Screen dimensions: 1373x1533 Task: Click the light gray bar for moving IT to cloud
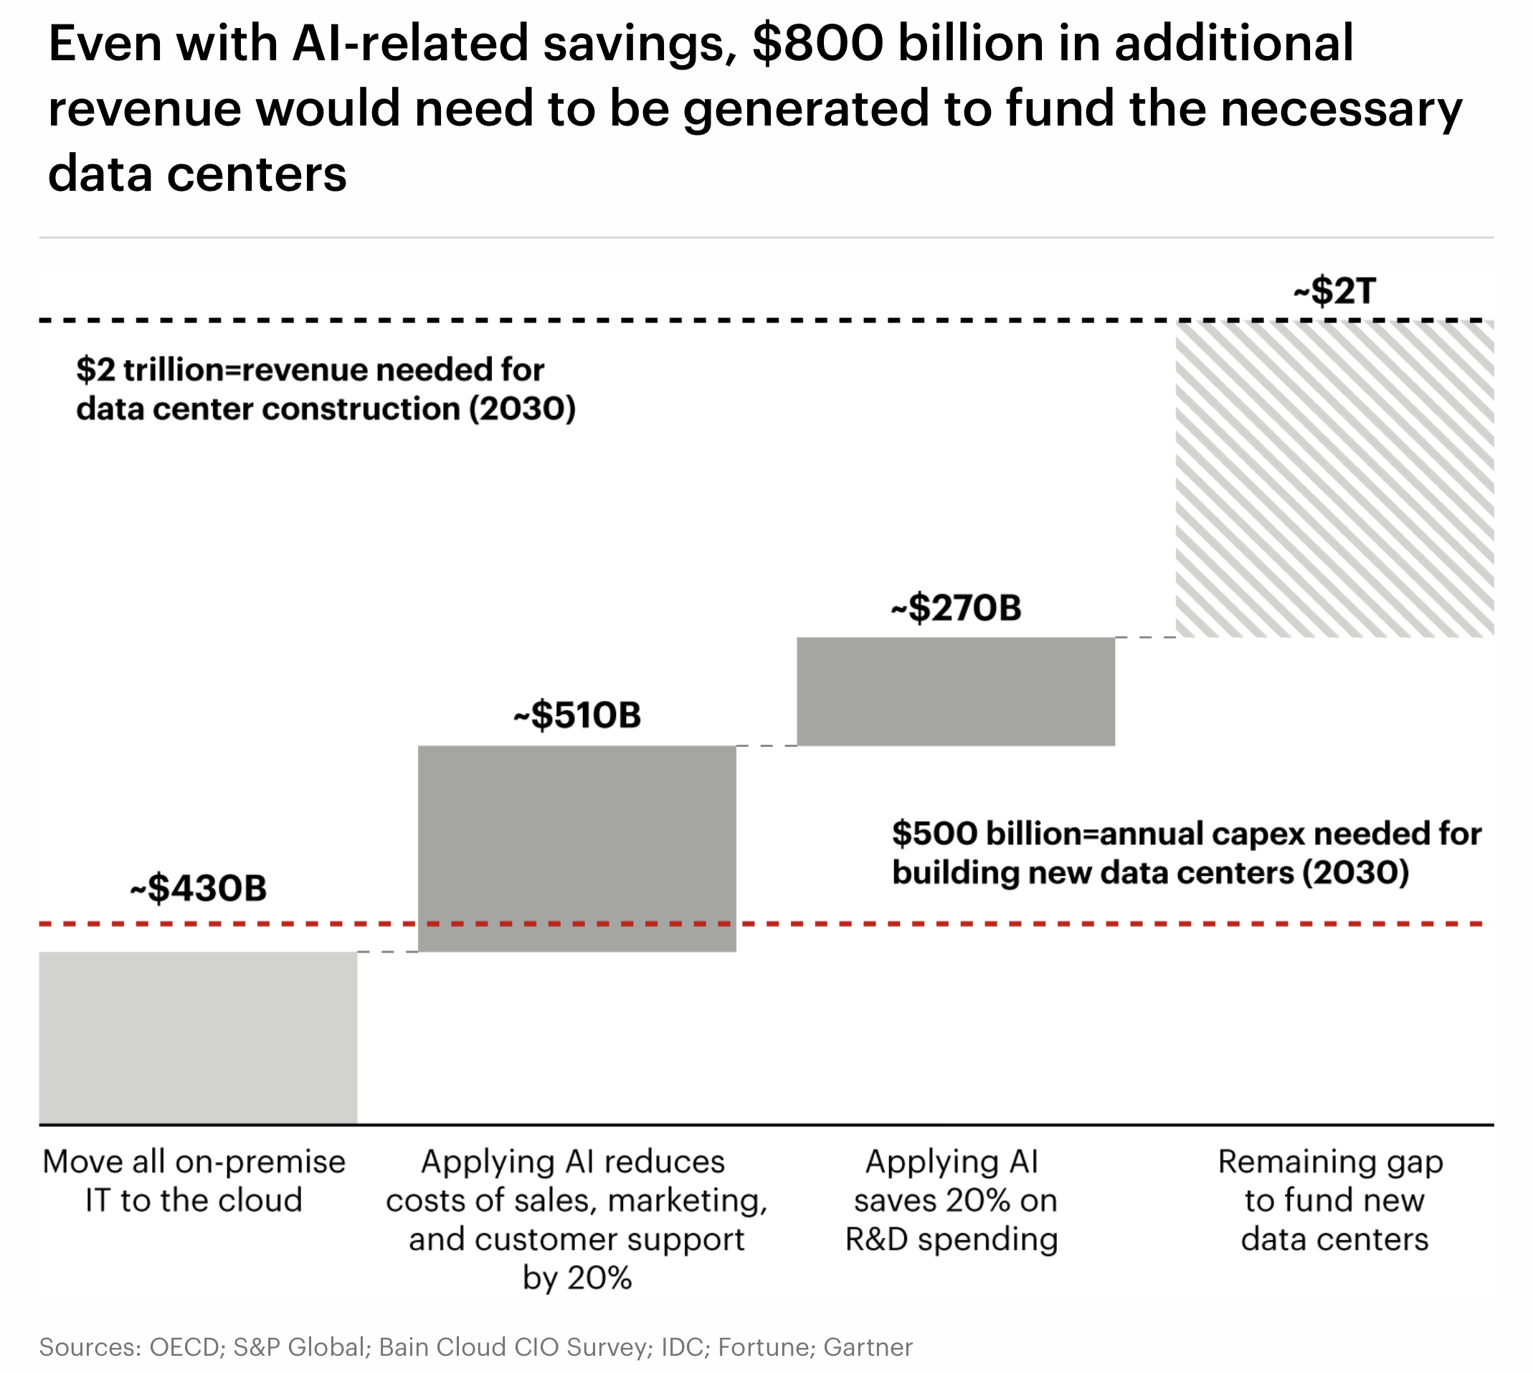[198, 1037]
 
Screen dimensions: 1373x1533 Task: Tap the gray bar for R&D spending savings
[955, 691]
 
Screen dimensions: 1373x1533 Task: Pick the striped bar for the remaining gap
[1334, 479]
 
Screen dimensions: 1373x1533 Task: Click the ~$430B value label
[199, 888]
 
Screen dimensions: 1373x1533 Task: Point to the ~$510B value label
[577, 715]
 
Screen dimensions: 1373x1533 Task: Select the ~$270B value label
[955, 608]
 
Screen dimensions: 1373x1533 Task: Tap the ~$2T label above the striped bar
[1334, 291]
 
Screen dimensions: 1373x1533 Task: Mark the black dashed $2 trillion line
[603, 321]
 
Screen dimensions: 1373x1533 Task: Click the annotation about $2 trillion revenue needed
[326, 390]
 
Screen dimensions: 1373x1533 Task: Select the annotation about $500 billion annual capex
[1186, 853]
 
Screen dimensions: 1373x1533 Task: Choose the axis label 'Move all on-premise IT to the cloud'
[194, 1181]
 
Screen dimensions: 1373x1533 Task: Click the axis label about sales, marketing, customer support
[577, 1219]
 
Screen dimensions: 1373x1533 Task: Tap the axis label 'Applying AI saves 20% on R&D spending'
[951, 1200]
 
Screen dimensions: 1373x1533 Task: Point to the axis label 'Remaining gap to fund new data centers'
[1332, 1200]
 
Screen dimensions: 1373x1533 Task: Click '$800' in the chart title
[817, 44]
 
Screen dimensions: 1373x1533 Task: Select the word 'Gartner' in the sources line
[867, 1346]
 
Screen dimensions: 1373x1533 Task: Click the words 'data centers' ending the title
[198, 174]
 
